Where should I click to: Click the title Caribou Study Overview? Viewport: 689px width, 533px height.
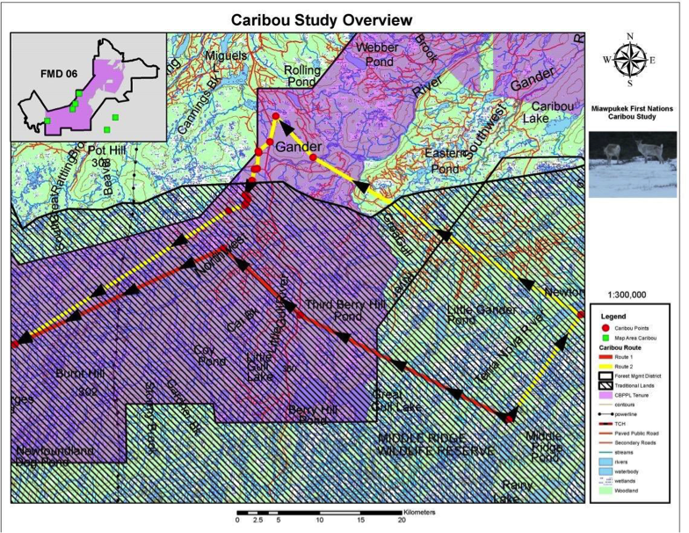pyautogui.click(x=321, y=19)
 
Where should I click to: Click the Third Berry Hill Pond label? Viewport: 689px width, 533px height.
pyautogui.click(x=336, y=308)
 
